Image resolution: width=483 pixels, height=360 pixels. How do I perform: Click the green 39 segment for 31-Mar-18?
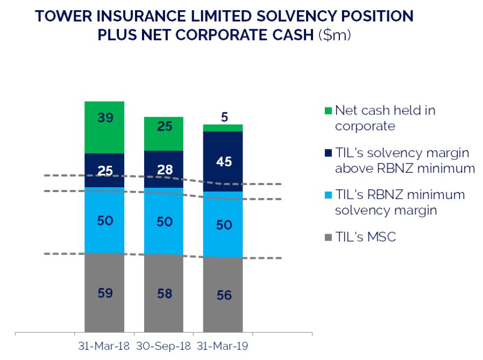[x=104, y=127]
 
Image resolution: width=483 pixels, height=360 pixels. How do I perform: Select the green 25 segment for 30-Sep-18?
[x=164, y=133]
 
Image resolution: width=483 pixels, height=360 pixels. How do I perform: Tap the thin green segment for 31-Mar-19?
[x=223, y=128]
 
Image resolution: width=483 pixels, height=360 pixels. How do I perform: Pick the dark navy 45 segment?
[x=223, y=161]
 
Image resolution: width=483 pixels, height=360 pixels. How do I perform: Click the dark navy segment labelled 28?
[x=164, y=169]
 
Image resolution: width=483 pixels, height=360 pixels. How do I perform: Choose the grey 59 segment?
[x=104, y=292]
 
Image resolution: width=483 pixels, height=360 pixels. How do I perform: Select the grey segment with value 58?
[x=164, y=293]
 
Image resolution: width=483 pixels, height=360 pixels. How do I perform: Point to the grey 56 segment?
[x=223, y=294]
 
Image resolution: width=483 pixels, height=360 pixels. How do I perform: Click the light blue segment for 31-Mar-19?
[x=223, y=224]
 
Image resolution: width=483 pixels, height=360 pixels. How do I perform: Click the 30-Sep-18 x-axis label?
[x=164, y=345]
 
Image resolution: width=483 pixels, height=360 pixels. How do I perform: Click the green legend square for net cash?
[x=327, y=111]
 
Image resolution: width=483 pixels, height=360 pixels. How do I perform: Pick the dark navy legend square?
[x=327, y=153]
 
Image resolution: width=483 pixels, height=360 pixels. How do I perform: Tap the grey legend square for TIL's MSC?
[x=327, y=237]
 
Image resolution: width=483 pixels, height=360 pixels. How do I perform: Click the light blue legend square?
[x=327, y=195]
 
